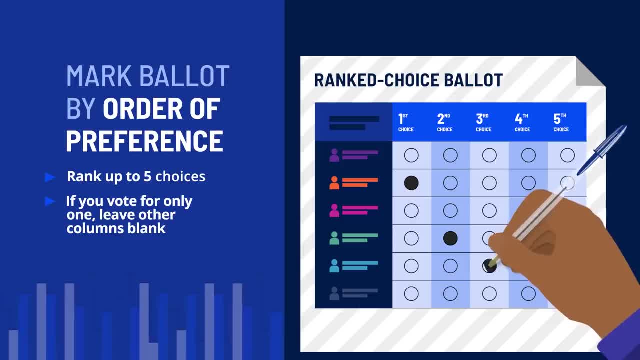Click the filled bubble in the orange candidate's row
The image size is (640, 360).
point(411,183)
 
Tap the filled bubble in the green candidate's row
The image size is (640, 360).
point(450,238)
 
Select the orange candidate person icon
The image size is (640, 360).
point(334,183)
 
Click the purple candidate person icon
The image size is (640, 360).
point(334,155)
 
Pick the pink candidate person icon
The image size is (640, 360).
point(334,211)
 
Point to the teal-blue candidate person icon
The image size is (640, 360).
point(334,266)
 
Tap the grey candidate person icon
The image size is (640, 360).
point(334,293)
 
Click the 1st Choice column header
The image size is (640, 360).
point(406,122)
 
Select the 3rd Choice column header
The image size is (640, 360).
point(483,122)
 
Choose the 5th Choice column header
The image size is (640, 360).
point(561,122)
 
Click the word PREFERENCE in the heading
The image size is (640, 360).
point(144,141)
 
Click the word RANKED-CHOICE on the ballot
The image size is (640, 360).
point(376,80)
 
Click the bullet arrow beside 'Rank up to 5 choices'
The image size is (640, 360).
point(50,177)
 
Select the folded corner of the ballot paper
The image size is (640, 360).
point(590,71)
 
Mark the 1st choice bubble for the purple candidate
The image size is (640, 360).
point(411,155)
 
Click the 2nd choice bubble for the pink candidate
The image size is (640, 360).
point(450,211)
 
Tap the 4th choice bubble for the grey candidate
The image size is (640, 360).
point(528,293)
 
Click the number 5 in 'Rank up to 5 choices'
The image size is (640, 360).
point(147,177)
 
